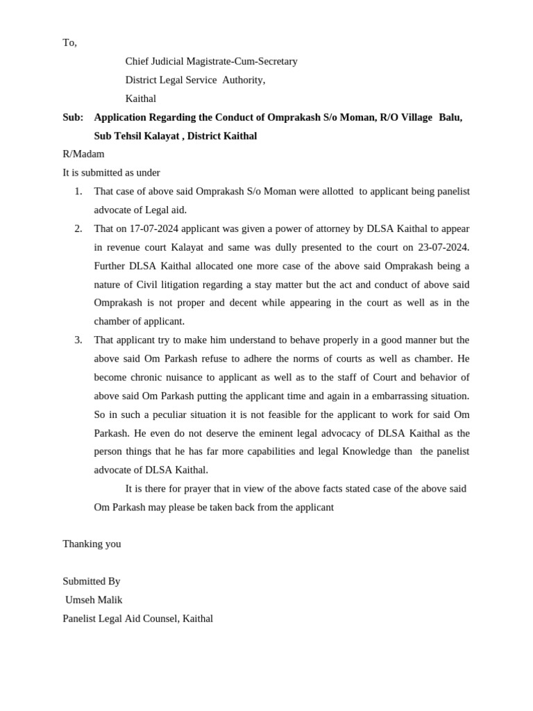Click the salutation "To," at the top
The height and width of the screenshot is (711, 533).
point(69,43)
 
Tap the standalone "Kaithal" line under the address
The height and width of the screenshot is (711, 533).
point(140,99)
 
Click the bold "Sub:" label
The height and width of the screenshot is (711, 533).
point(73,117)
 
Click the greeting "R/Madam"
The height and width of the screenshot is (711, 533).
point(83,154)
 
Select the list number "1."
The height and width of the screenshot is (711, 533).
point(78,192)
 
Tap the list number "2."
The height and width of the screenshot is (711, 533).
point(78,228)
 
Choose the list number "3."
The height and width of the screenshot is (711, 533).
point(78,340)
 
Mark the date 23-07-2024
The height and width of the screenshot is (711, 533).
point(443,247)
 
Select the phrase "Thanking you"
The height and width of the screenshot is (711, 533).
point(92,544)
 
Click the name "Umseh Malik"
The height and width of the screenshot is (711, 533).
point(94,600)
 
